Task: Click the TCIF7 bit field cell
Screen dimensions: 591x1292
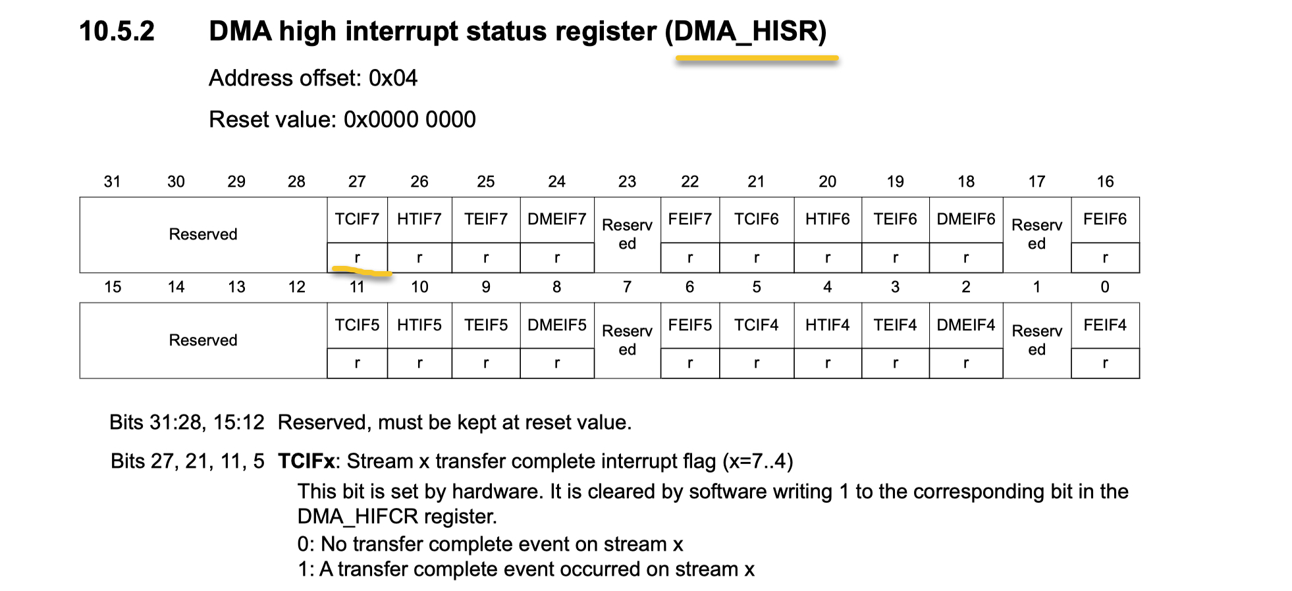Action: click(x=357, y=219)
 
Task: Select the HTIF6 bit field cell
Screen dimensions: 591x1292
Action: click(x=827, y=219)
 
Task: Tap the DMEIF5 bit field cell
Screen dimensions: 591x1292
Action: click(x=556, y=325)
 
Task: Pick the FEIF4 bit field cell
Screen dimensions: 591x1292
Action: click(x=1104, y=325)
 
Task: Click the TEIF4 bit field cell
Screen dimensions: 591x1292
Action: click(x=895, y=325)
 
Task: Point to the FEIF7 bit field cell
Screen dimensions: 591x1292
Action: click(x=689, y=219)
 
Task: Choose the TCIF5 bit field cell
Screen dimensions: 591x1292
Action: click(x=357, y=325)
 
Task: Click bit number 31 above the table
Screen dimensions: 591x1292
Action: click(x=113, y=182)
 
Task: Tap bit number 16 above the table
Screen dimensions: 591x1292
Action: click(x=1105, y=182)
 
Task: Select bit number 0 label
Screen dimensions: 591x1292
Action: click(x=1105, y=287)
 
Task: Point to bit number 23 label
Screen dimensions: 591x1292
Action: click(x=627, y=182)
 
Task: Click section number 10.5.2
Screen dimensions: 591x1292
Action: click(x=117, y=32)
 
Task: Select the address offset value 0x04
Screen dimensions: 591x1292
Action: click(x=393, y=78)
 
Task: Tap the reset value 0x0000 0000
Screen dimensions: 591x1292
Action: click(x=410, y=120)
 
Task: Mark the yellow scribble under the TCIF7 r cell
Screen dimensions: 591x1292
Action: click(x=362, y=270)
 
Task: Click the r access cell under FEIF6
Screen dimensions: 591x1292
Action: click(x=1104, y=258)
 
